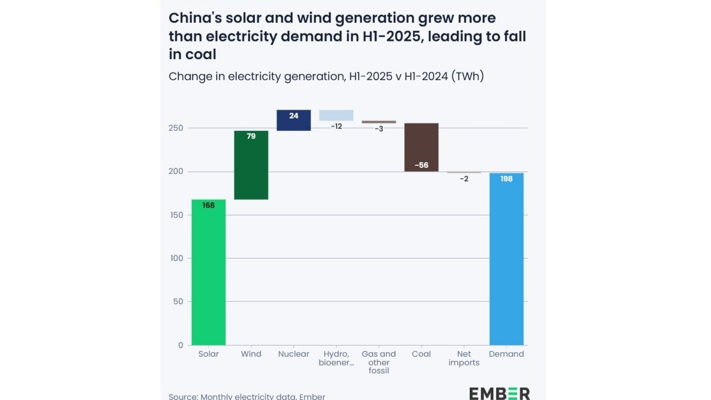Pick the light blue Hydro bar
(x=336, y=115)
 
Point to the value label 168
(x=209, y=206)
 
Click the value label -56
(x=422, y=165)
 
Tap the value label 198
(x=507, y=179)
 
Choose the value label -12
(x=336, y=127)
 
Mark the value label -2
(x=464, y=179)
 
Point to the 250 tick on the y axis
(x=177, y=128)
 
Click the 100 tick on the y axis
(x=177, y=258)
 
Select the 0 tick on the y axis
(x=181, y=345)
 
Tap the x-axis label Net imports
(x=464, y=359)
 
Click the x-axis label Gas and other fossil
(x=379, y=362)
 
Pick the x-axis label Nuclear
(x=294, y=354)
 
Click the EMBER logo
(x=499, y=393)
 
